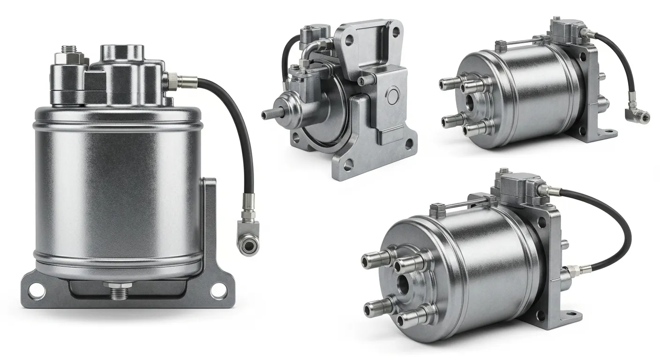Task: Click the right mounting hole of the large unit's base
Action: coord(218,291)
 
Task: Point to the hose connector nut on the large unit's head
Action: coord(172,80)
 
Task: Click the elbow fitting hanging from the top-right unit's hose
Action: coord(638,115)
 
